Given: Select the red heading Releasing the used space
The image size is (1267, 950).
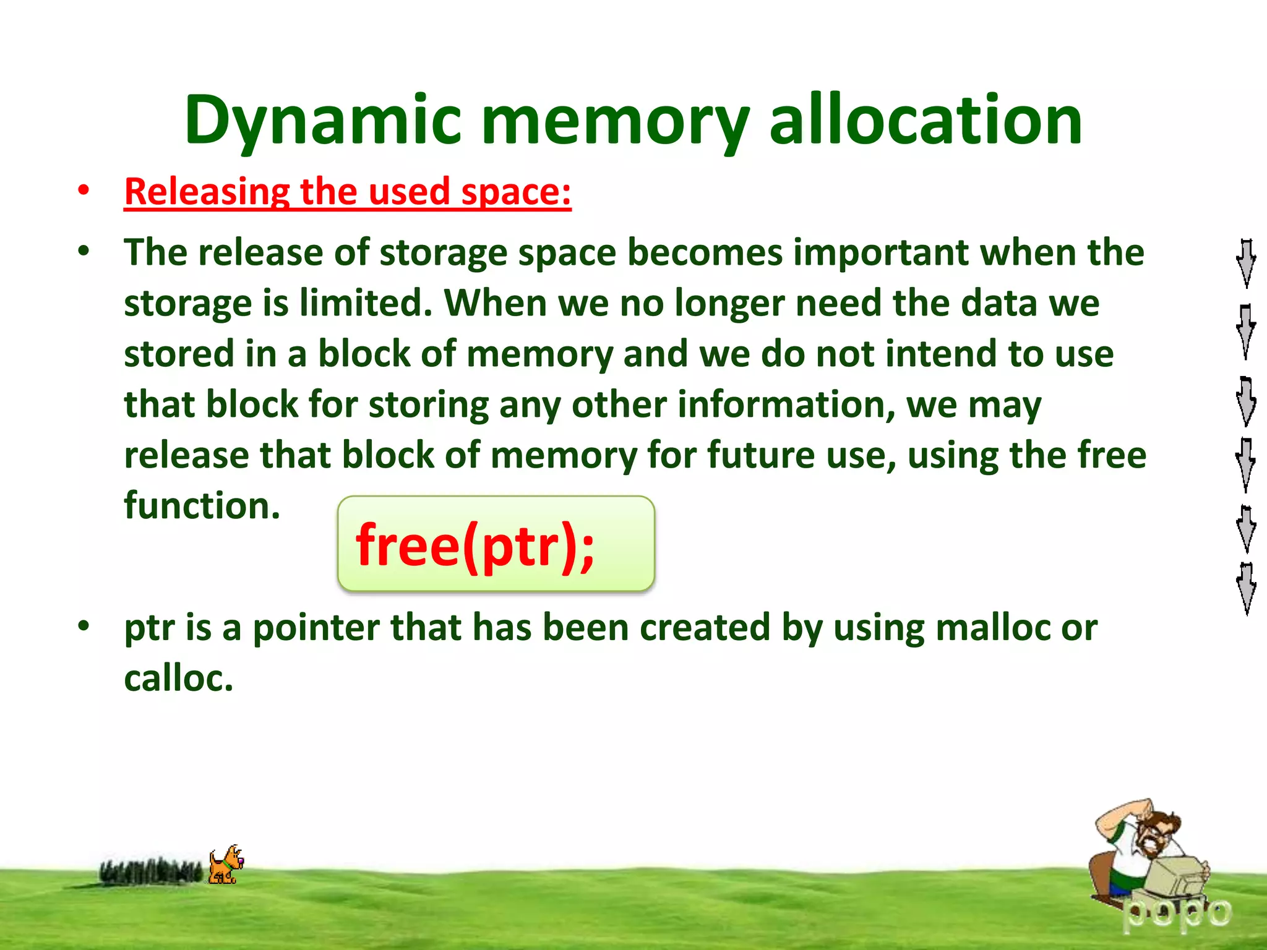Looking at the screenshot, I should [348, 192].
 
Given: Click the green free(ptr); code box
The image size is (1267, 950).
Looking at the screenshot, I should [496, 544].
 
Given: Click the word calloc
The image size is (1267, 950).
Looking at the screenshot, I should [178, 678].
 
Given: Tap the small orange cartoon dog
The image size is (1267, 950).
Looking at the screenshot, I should [225, 865].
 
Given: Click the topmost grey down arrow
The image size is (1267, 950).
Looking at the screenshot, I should [1246, 263].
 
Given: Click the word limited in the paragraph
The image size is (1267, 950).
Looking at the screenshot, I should [366, 303].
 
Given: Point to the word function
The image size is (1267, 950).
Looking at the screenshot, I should [202, 506].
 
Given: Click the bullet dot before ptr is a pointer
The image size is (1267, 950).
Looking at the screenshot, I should [84, 626].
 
